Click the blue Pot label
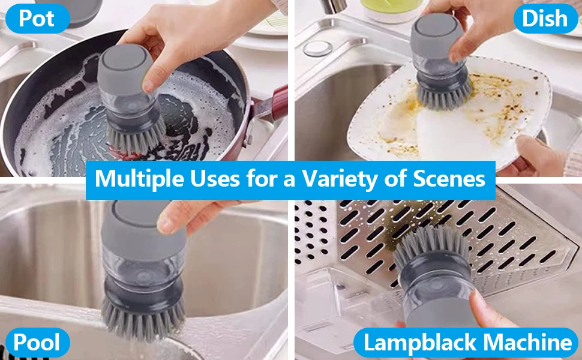[37, 19]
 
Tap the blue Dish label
[545, 19]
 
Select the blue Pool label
[37, 342]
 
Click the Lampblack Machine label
[466, 342]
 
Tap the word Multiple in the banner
[140, 179]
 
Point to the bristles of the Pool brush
[143, 320]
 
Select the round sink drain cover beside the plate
[317, 48]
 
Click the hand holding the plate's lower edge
[538, 155]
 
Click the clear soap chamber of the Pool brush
[143, 266]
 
